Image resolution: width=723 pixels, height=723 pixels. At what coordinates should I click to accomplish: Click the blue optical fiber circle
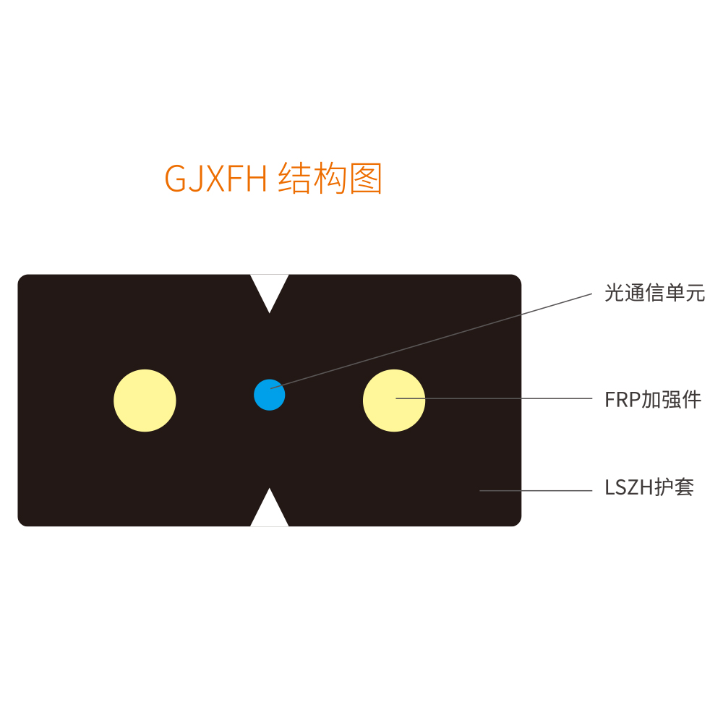tap(269, 395)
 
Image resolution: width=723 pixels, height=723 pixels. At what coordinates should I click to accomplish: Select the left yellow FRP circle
tap(145, 401)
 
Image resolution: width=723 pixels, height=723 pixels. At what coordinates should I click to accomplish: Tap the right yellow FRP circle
tap(394, 401)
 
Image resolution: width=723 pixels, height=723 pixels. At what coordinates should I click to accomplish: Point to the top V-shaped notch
tap(269, 290)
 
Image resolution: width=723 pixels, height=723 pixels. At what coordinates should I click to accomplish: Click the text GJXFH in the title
tap(215, 179)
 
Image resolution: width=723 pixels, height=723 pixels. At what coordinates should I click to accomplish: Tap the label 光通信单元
tap(655, 293)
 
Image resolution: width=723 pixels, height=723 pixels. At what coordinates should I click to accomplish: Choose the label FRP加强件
tap(653, 399)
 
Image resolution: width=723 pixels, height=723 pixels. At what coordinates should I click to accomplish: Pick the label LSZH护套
tap(649, 487)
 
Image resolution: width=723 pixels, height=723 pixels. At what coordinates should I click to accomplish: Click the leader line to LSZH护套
tap(536, 491)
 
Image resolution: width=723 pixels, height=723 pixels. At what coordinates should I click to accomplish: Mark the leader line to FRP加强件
tap(494, 398)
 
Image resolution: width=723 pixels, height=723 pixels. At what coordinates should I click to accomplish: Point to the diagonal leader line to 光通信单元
tap(431, 341)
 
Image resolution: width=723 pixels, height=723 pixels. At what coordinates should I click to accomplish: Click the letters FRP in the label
tap(623, 400)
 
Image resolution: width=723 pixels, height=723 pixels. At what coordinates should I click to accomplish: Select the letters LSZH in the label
tap(630, 487)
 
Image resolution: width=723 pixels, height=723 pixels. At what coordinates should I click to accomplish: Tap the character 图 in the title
tap(366, 178)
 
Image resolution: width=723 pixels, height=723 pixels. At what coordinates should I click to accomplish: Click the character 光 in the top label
tap(615, 293)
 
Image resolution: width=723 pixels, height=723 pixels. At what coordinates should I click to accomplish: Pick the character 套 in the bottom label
tap(684, 487)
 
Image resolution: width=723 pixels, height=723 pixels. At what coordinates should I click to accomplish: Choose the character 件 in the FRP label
tap(692, 399)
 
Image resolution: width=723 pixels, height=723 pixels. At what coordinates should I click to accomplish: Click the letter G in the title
tap(175, 179)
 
